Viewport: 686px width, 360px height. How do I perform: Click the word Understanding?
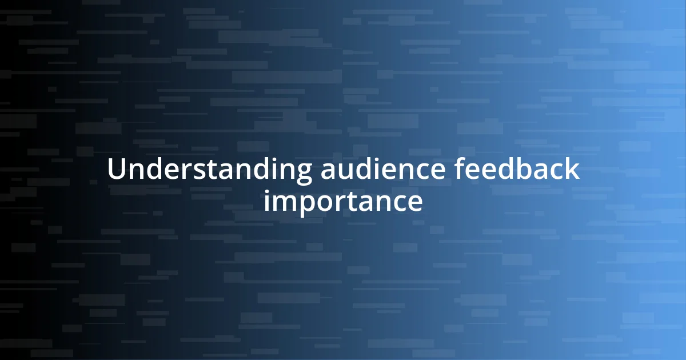(209, 170)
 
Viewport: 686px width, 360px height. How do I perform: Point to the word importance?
(343, 201)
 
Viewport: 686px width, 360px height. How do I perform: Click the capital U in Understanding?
(116, 170)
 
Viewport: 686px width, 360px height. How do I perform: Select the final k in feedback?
(573, 170)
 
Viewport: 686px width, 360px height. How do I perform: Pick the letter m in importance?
(285, 203)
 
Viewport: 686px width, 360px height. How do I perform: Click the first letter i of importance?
(268, 201)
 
